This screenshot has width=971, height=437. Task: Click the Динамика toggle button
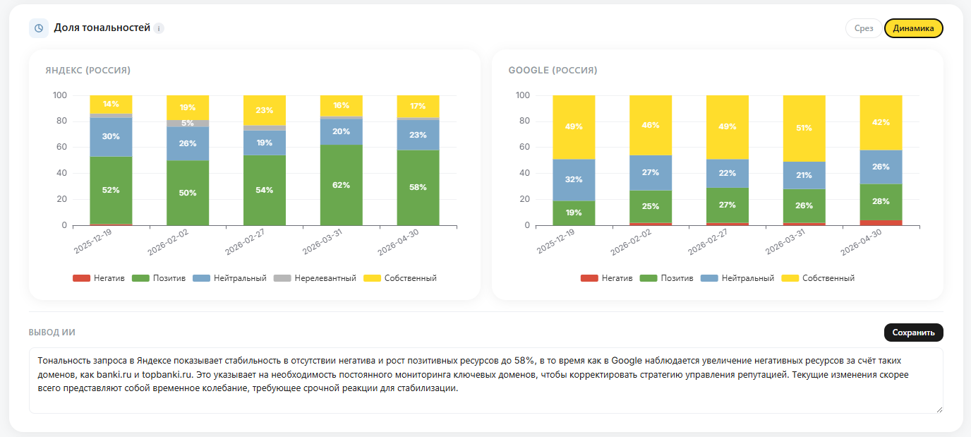(913, 28)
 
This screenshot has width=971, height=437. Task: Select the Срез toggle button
(864, 28)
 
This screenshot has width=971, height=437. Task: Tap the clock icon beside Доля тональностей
(39, 28)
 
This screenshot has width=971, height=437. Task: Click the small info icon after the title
(159, 29)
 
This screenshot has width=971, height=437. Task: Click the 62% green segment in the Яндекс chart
(341, 185)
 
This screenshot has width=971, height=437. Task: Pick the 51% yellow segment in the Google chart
(804, 128)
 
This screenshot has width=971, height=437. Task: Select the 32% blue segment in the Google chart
(574, 180)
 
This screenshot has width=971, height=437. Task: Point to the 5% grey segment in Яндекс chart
(188, 123)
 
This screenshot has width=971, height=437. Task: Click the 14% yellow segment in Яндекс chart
(111, 104)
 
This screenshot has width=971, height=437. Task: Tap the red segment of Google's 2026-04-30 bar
(881, 223)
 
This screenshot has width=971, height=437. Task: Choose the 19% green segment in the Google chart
(574, 213)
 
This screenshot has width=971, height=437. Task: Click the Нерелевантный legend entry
(315, 278)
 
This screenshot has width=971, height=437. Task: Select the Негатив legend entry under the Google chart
(606, 278)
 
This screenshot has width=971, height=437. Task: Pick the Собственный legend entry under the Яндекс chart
(400, 278)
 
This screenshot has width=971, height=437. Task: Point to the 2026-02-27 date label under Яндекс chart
(246, 242)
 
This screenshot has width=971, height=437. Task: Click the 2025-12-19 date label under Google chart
(556, 241)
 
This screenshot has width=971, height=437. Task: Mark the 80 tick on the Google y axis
(524, 121)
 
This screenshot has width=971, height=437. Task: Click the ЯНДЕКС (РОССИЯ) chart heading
(88, 70)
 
